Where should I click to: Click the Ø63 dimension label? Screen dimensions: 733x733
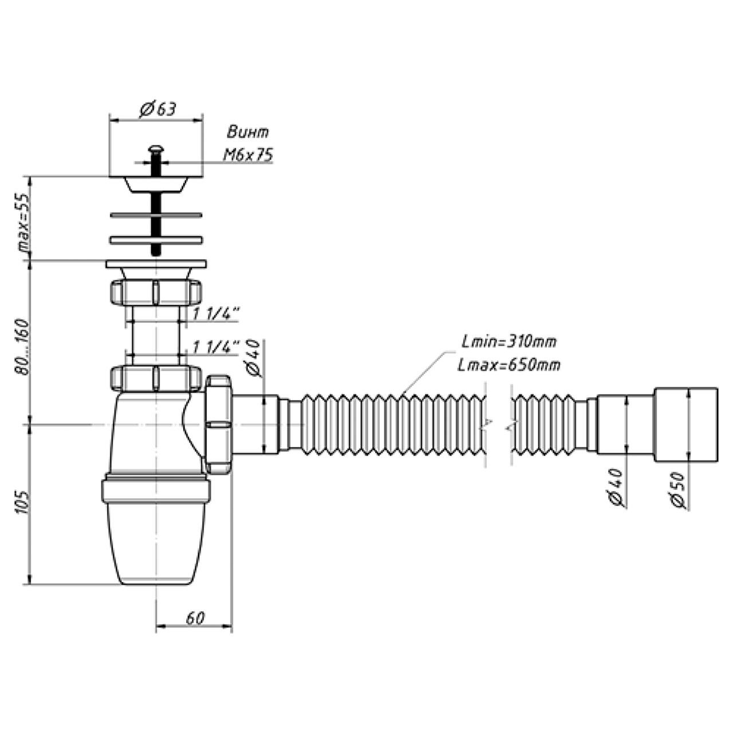coord(157,109)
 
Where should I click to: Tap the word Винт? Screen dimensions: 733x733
coord(247,132)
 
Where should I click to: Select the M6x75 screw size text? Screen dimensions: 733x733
coord(247,155)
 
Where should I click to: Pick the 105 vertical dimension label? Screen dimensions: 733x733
coord(23,503)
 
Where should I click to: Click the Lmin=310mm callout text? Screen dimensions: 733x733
coord(509,342)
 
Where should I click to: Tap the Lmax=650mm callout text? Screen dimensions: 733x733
coord(509,365)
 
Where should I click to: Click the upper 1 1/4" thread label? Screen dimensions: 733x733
coord(215,313)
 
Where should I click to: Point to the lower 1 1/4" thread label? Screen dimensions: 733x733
coord(215,347)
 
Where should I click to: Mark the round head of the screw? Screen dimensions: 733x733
coord(155,149)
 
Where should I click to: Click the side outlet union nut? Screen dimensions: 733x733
coord(218,424)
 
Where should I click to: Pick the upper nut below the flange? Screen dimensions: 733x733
coord(155,292)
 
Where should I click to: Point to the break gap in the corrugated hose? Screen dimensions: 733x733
coord(496,424)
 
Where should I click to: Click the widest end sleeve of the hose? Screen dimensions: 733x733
coord(686,424)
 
